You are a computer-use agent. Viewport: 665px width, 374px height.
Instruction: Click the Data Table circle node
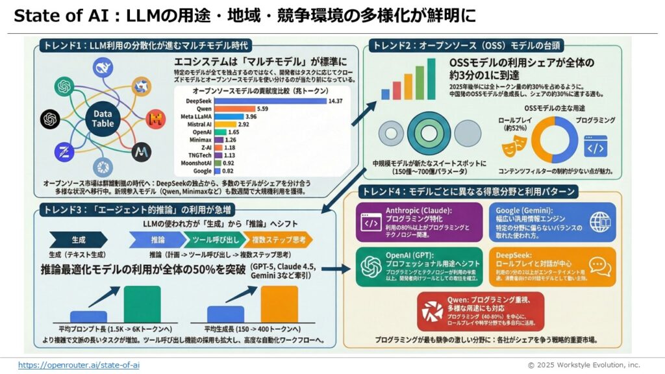click(x=102, y=118)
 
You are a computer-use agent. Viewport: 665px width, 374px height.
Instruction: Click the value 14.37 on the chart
click(x=335, y=101)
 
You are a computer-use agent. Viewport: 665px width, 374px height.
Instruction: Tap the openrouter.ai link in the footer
click(x=79, y=365)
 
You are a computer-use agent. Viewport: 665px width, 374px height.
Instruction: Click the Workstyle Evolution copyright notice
click(x=583, y=365)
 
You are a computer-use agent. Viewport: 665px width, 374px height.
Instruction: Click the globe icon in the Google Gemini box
click(x=598, y=221)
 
